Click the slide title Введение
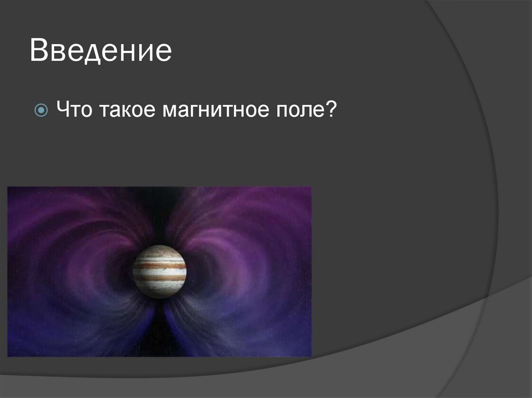coord(100,52)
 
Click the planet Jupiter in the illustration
coord(159,271)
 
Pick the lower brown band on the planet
coord(159,278)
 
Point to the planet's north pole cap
coord(159,250)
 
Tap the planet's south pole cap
coord(159,293)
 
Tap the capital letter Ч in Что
coord(63,111)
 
